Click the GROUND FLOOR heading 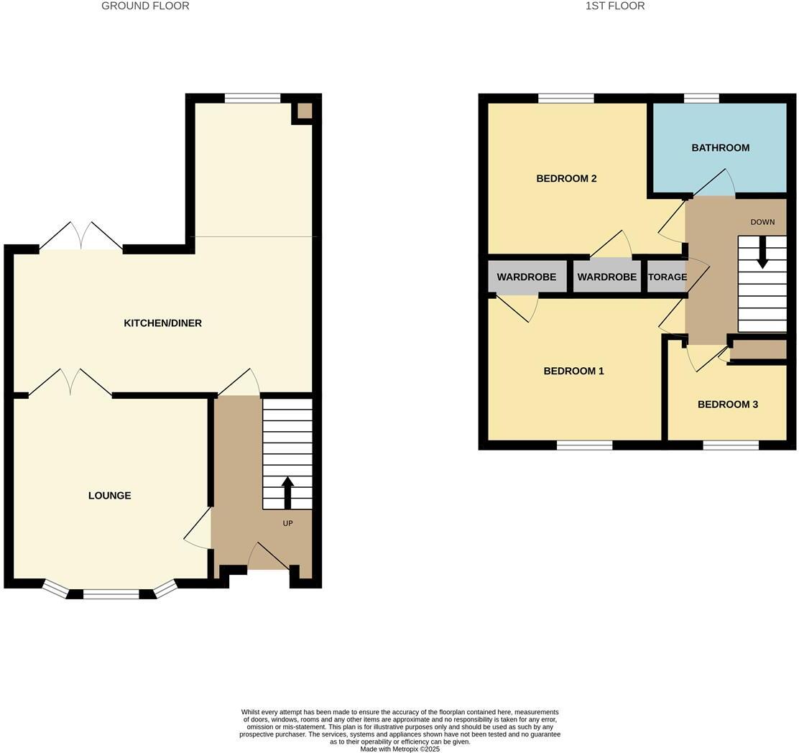145,6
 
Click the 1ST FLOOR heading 615,6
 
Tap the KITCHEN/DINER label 162,323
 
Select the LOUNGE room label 109,496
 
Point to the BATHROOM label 720,148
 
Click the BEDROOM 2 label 566,179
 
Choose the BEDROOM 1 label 573,371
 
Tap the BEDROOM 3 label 727,405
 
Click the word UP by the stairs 287,524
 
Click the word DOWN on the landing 762,222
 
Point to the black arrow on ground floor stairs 287,492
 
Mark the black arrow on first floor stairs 762,255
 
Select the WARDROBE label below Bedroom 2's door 606,277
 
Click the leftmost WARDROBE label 526,277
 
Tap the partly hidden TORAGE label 668,277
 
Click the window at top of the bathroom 701,98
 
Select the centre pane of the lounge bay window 111,593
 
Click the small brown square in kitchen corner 305,111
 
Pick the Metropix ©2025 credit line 399,749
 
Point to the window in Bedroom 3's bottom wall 730,445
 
